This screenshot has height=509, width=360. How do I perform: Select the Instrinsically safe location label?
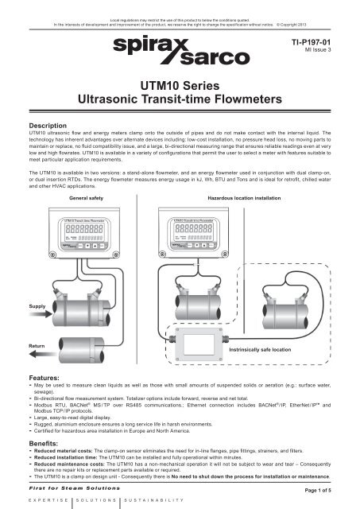point(285,348)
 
